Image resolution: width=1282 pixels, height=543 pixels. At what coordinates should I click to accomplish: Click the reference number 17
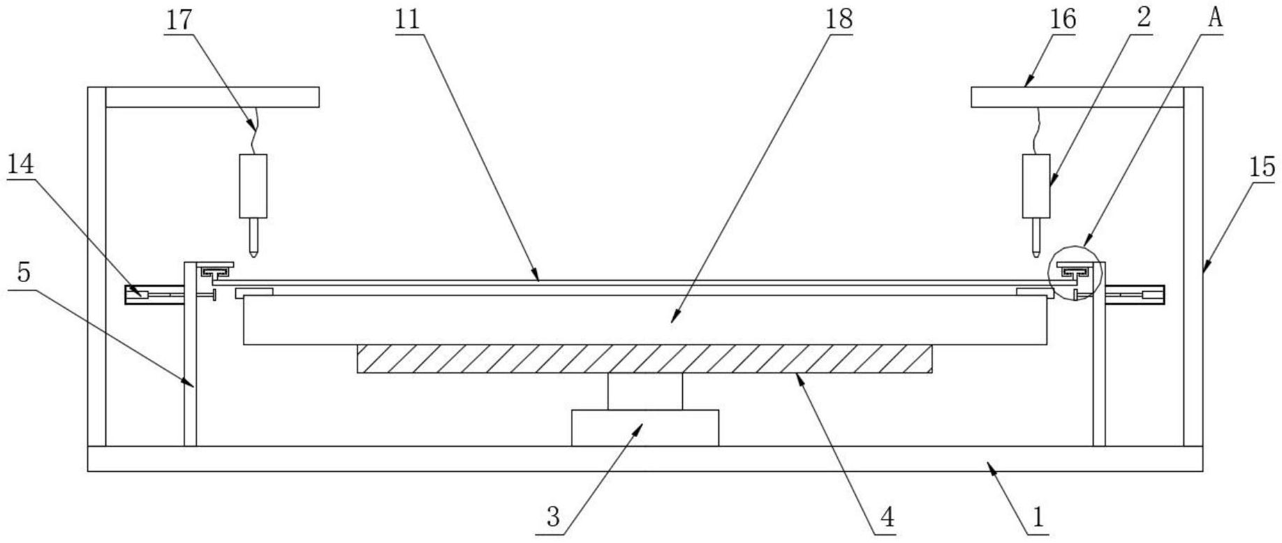179,20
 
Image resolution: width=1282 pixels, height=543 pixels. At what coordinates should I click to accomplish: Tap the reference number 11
408,20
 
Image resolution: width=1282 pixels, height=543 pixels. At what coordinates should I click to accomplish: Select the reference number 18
839,20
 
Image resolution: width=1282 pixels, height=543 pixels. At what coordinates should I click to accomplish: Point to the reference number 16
1063,20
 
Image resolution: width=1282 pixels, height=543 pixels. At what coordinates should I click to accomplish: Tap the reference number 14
21,165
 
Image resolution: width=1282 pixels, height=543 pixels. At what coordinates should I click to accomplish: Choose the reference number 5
24,272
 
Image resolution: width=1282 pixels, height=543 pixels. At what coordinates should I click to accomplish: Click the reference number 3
553,518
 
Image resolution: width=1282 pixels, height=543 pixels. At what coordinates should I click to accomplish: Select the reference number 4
887,518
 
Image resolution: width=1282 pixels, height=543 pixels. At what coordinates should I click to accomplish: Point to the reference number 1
1038,518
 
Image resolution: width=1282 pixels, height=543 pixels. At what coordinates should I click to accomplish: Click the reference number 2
1143,20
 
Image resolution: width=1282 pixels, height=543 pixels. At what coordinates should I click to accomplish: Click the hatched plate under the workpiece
644,359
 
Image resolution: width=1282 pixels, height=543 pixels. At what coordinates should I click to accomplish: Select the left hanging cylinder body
253,185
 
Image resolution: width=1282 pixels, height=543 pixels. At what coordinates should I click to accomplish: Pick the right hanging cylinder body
1036,185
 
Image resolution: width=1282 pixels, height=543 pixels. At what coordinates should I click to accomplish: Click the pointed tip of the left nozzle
253,253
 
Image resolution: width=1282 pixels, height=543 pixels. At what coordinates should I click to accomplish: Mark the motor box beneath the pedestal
644,427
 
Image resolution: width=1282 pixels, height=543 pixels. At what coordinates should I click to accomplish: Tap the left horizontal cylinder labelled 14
155,295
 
